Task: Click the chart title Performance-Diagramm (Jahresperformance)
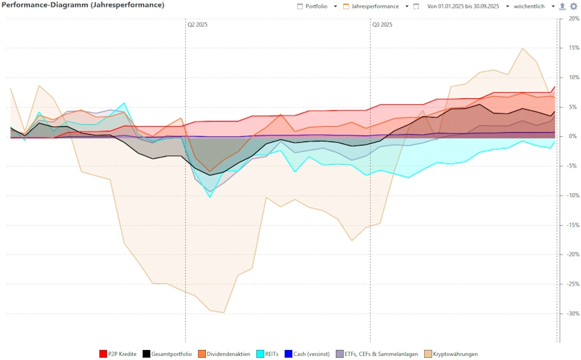pos(83,5)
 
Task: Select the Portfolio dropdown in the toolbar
pos(317,6)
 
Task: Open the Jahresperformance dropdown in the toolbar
pos(376,6)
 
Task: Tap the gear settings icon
pos(574,6)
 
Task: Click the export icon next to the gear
pos(563,6)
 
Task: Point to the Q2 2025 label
pos(198,25)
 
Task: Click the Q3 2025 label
pos(382,25)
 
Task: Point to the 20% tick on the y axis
pos(573,19)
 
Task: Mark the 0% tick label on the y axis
pos(573,136)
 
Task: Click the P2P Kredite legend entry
pos(118,354)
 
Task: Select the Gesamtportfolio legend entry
pos(167,354)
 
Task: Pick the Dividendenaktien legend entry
pos(224,354)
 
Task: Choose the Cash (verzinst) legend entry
pos(307,354)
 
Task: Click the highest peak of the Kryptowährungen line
pos(523,48)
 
